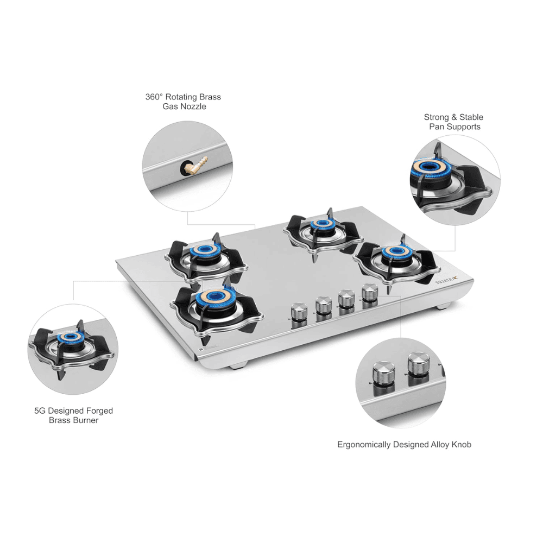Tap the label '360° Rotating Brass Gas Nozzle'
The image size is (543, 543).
(183, 102)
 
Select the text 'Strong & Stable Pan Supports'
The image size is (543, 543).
(453, 122)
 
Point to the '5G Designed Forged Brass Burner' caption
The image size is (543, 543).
(73, 415)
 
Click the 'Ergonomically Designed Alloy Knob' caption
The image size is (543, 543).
(404, 444)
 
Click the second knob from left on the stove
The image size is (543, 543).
(324, 305)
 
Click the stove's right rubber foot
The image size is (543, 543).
(443, 306)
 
